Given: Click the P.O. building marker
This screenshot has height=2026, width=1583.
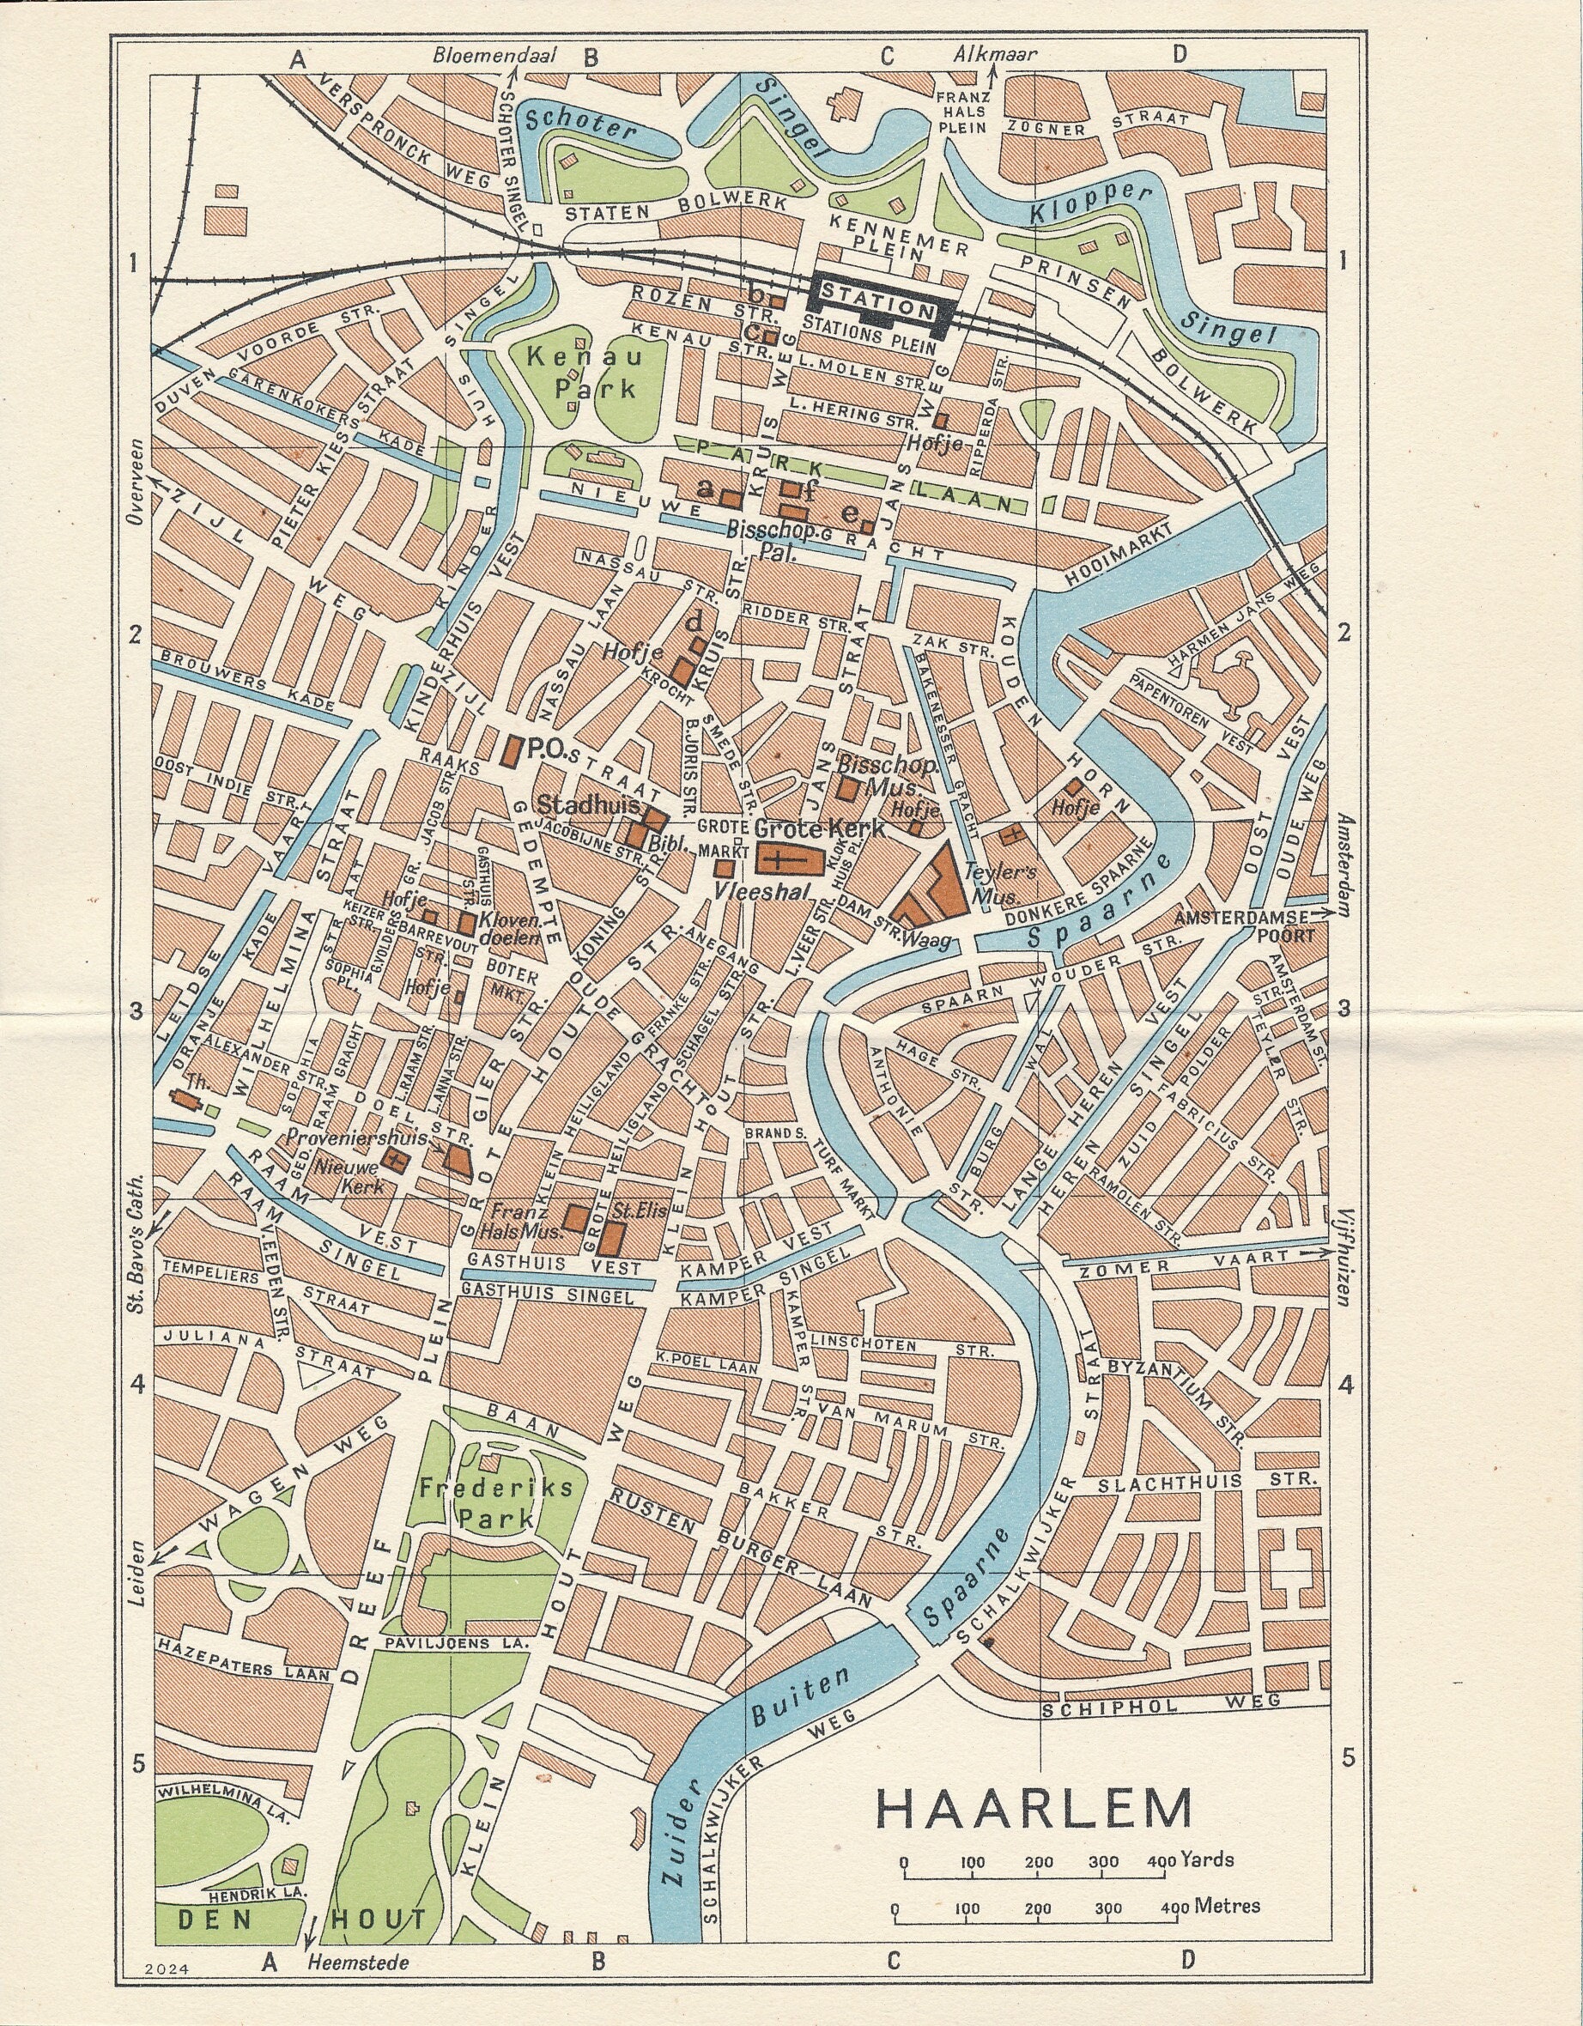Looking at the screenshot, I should tap(510, 750).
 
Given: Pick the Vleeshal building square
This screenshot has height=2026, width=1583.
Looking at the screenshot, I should tap(724, 870).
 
